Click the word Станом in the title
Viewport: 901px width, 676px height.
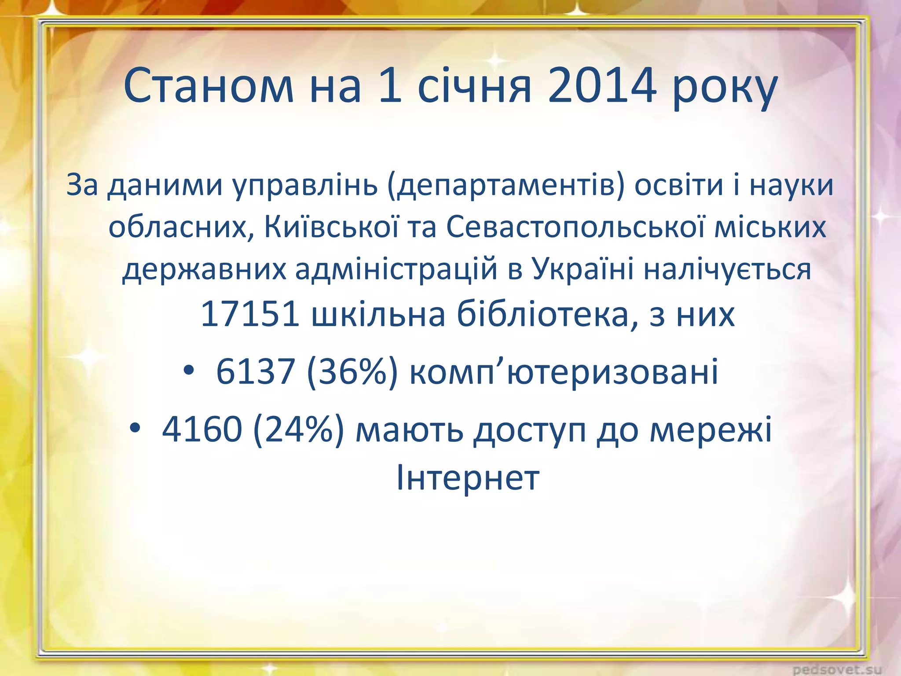[209, 87]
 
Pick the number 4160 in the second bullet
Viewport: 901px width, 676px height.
[202, 429]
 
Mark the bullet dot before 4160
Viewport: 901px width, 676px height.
[135, 428]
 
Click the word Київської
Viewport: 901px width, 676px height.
[331, 228]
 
